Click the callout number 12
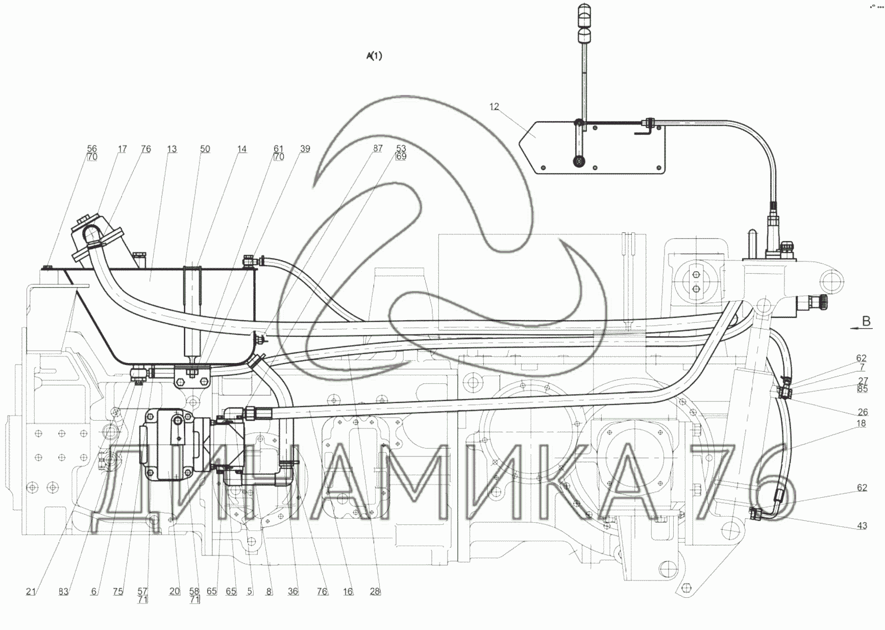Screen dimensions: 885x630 (x=494, y=107)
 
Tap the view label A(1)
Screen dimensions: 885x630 (x=374, y=56)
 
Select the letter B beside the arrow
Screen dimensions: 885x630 (x=866, y=321)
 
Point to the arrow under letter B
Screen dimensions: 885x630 (x=861, y=330)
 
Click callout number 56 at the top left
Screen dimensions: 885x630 (x=92, y=149)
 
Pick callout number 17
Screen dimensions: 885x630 (x=122, y=149)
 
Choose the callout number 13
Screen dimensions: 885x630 (x=172, y=149)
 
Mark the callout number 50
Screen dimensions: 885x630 (x=205, y=149)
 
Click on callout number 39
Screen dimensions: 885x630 (x=305, y=149)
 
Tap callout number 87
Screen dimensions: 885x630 (x=378, y=149)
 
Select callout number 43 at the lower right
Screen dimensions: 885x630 (x=862, y=526)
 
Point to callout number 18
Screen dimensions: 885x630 (x=861, y=423)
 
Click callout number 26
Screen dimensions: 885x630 (x=863, y=412)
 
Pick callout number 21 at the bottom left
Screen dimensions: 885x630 (x=31, y=591)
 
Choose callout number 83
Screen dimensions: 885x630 (x=63, y=591)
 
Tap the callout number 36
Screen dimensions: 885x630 (x=293, y=591)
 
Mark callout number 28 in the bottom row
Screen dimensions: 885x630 (x=375, y=591)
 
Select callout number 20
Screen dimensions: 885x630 (x=175, y=591)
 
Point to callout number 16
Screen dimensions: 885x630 (x=348, y=591)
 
